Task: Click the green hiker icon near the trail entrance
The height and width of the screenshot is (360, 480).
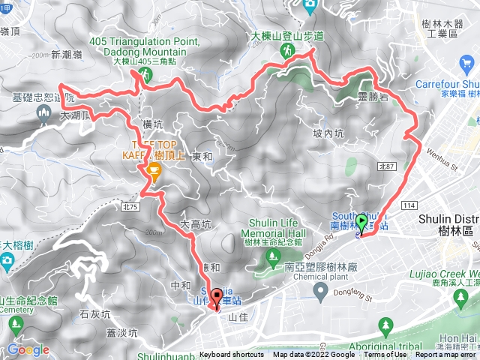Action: (287, 49)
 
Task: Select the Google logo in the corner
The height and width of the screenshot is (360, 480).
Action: (28, 349)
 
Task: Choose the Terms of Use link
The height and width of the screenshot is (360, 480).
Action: (385, 355)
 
